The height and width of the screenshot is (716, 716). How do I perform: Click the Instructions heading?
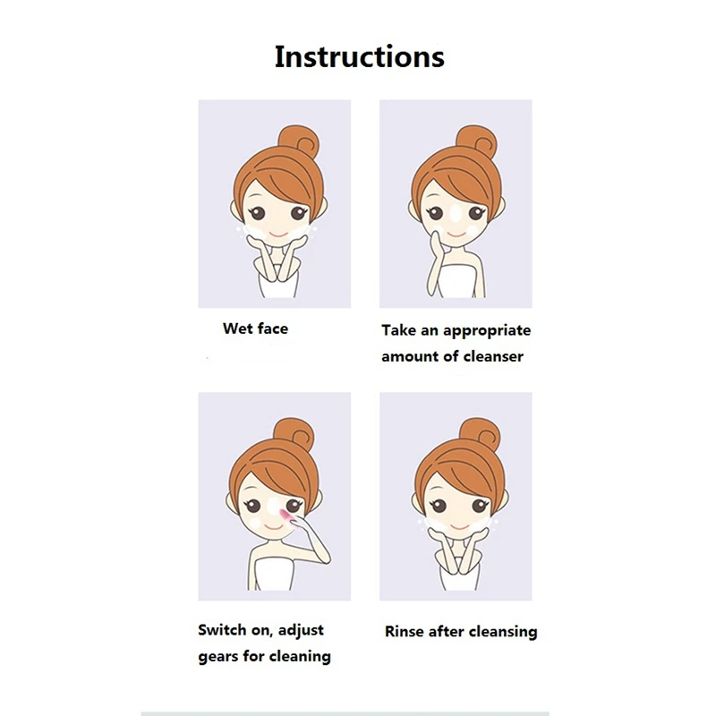360,56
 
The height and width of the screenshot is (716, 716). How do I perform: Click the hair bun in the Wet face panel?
299,141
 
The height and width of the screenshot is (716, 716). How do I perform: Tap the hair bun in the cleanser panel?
477,141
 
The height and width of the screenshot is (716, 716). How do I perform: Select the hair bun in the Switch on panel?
294,434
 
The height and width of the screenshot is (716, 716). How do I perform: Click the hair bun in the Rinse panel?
480,434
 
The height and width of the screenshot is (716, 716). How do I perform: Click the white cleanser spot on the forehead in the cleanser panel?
456,214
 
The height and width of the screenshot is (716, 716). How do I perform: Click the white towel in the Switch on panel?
273,575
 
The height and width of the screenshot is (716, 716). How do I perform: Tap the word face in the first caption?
273,328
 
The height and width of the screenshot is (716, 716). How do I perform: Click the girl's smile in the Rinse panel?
460,528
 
